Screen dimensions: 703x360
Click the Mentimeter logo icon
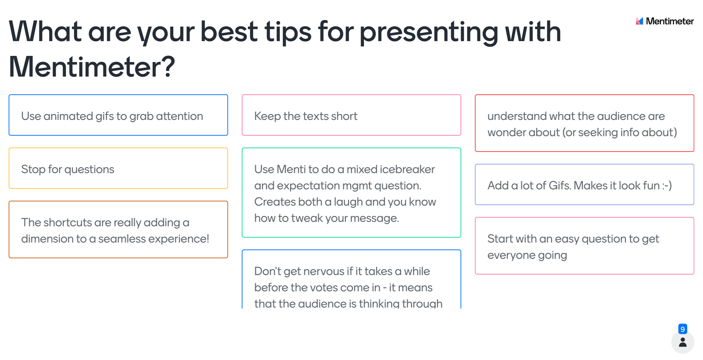coord(639,21)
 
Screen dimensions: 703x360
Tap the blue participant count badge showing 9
coord(683,329)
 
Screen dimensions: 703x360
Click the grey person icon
coord(683,342)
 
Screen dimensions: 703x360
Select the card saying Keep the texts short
coord(351,115)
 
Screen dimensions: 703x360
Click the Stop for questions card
coord(118,168)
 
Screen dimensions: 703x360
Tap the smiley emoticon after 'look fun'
coord(667,186)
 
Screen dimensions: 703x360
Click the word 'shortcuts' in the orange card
coord(67,223)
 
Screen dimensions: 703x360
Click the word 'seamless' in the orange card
coord(122,239)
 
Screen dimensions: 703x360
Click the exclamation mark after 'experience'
coord(207,239)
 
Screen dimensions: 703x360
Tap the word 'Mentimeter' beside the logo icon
coord(670,21)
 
